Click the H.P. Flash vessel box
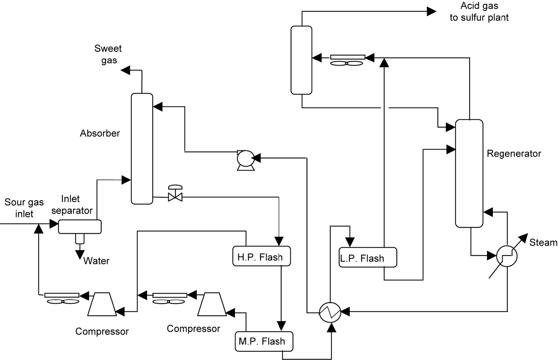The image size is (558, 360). pos(262,256)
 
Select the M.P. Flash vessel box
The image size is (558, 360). pos(264,341)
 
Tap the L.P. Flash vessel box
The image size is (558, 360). pos(368,258)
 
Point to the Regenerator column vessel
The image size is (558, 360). pos(469,173)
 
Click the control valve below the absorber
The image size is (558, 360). pos(175,196)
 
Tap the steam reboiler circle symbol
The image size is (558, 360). pos(507,256)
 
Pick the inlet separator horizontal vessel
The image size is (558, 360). pos(80,226)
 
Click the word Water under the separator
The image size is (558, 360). pos(96,261)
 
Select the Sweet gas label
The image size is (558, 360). pos(108,54)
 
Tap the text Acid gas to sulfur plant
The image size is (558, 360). pos(479,12)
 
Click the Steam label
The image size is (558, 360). pos(543,242)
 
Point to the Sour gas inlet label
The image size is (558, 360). pos(24,208)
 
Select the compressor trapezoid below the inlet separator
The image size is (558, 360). pos(102,304)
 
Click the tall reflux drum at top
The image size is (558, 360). pos(301,60)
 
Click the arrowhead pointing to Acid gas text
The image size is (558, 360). pos(431,11)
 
